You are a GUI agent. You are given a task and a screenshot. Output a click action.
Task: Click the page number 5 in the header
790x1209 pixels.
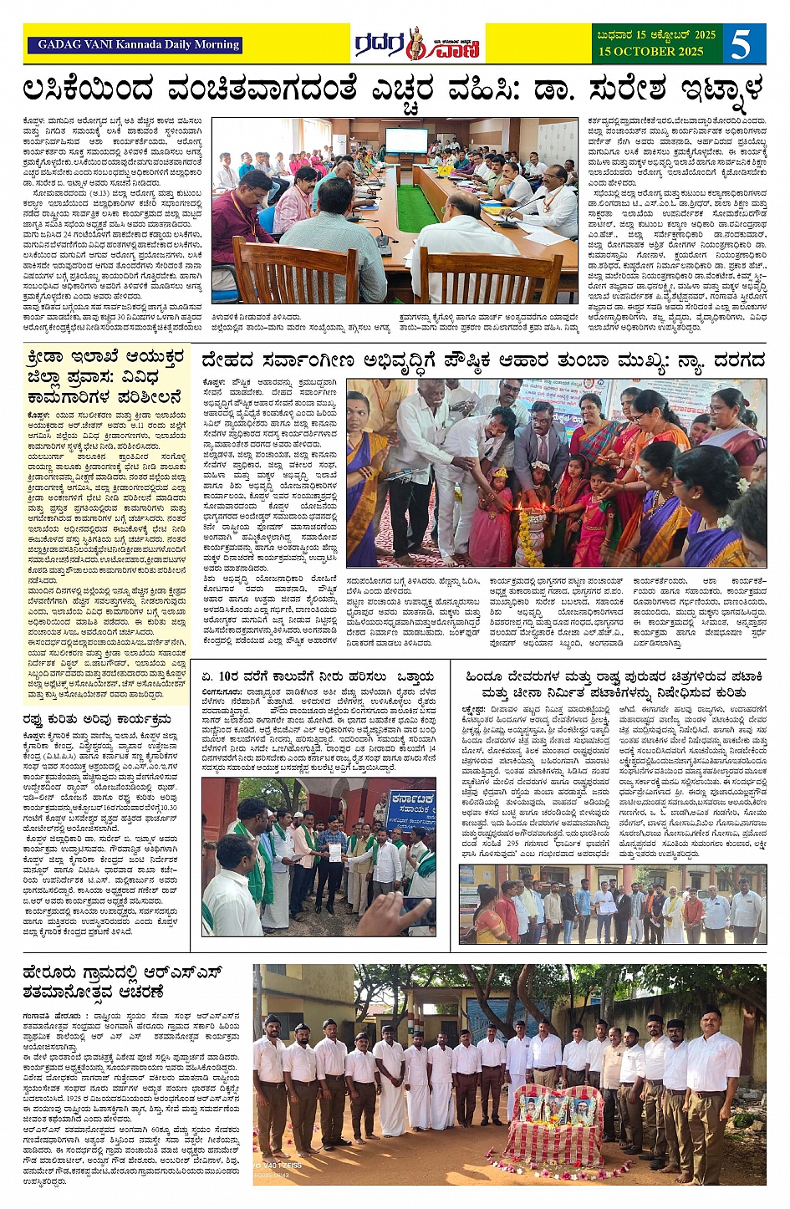point(741,43)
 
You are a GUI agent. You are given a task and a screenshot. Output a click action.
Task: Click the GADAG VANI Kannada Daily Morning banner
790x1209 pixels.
point(139,44)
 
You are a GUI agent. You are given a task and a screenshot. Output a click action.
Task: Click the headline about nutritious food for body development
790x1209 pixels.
point(482,361)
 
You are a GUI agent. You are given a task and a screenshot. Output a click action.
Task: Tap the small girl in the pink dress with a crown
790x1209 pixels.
point(500,502)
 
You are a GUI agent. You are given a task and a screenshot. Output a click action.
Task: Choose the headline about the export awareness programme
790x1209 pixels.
point(97,718)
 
